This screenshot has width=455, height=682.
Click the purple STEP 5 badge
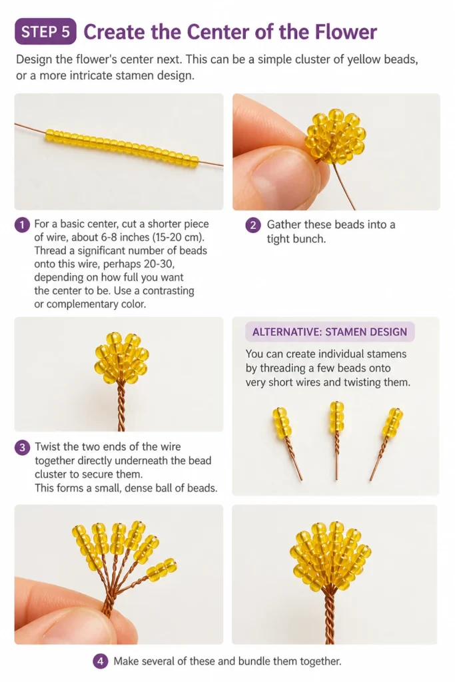45,31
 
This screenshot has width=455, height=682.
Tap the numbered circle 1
22,224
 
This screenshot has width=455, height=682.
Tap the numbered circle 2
252,225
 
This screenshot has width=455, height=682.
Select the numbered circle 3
22,447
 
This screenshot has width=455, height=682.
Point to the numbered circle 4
100,661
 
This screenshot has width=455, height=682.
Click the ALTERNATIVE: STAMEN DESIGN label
330,332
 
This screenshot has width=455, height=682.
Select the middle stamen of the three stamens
336,440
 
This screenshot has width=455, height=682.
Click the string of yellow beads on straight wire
121,148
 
